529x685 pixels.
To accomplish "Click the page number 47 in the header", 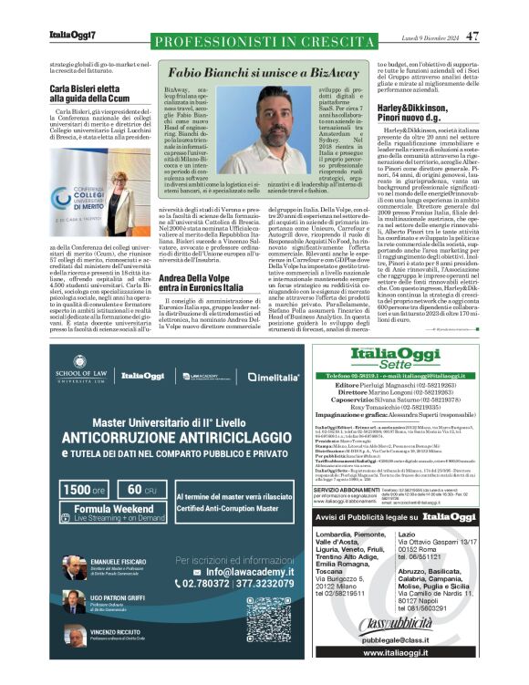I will (472, 36).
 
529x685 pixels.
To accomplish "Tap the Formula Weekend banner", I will (114, 513).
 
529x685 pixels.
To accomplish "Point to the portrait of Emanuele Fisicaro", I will (74, 568).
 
